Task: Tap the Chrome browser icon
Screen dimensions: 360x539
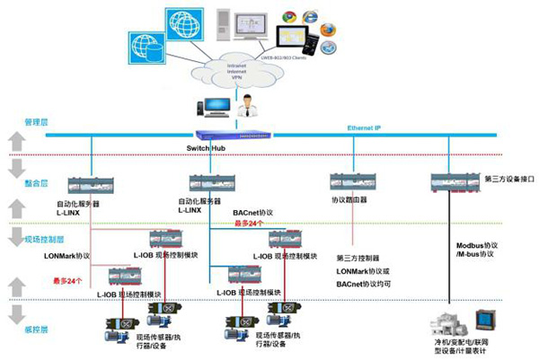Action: pyautogui.click(x=289, y=16)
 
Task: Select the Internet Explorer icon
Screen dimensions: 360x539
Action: pyautogui.click(x=310, y=15)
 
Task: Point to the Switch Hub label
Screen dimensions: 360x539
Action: pyautogui.click(x=207, y=146)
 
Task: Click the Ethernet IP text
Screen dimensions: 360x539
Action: pyautogui.click(x=367, y=128)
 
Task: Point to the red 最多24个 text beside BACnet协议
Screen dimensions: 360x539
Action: pyautogui.click(x=249, y=224)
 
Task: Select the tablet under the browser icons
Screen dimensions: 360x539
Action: pyautogui.click(x=293, y=37)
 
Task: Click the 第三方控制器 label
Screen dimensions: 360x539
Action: pyautogui.click(x=359, y=258)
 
